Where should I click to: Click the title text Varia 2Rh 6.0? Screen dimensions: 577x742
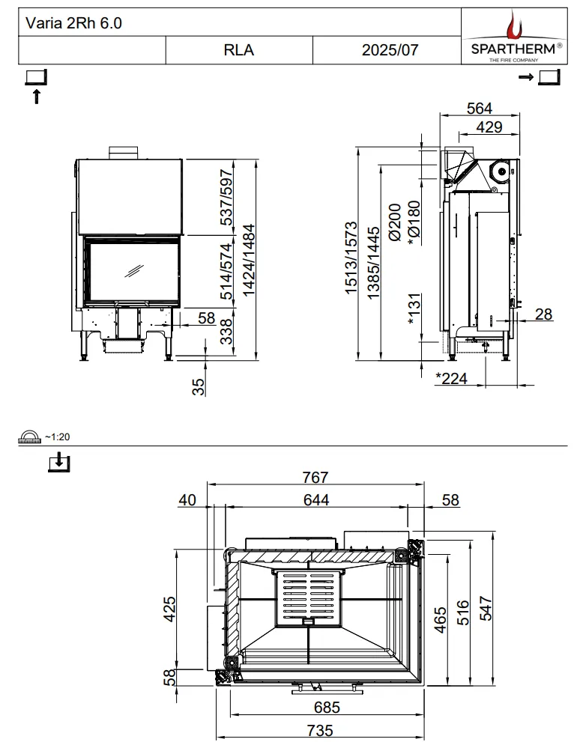coord(73,22)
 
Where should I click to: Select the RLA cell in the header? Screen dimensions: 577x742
coord(239,49)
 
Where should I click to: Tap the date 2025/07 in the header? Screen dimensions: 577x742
coord(390,49)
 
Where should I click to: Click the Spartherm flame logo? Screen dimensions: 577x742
coord(513,26)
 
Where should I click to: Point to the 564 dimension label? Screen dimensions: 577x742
coord(480,108)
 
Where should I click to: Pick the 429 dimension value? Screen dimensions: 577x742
coord(489,127)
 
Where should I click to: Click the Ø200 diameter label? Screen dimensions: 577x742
coord(395,222)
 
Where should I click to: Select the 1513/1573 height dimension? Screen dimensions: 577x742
coord(351,258)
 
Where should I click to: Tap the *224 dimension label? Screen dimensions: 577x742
coord(451,378)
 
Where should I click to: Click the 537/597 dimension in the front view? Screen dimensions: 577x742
coord(227,198)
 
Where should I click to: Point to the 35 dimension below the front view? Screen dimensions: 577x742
coord(199,386)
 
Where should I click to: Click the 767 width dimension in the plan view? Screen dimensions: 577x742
coord(315,477)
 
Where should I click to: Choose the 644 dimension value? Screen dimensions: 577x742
coord(316,499)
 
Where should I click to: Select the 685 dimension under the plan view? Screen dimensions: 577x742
coord(327,707)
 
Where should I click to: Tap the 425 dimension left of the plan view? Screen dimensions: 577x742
coord(169,609)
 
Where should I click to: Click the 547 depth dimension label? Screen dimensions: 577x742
coord(486,608)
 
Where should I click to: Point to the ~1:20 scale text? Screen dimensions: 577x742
coord(57,437)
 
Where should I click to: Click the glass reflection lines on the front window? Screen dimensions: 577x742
coord(134,271)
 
